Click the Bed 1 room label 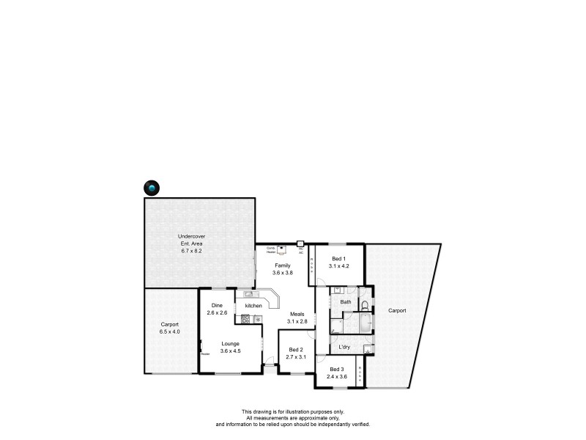338,258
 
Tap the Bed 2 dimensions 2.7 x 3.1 295,356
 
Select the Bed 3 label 336,369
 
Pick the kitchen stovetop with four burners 245,318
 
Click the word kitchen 253,305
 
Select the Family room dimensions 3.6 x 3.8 283,272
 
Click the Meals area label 297,314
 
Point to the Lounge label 231,343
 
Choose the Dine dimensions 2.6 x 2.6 217,313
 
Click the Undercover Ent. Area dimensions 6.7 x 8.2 191,251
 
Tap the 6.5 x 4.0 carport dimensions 170,331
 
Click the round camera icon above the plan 152,188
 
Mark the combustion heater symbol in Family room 281,249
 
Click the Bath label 346,302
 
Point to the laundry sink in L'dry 366,348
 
